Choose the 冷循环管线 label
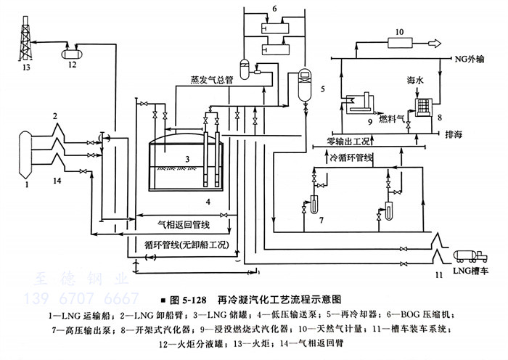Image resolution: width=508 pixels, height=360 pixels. (351, 156)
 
